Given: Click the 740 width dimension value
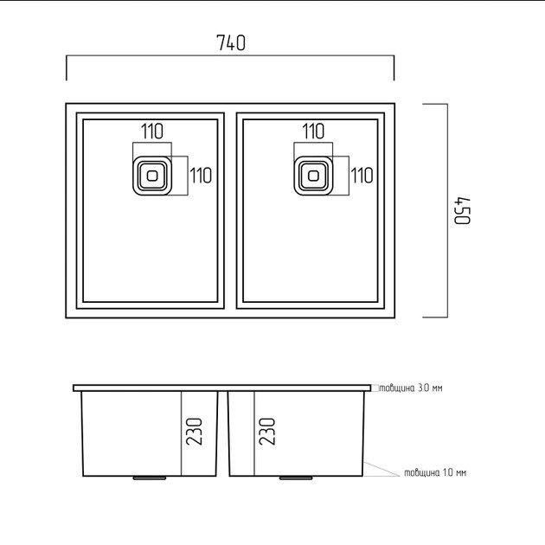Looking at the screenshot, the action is tap(231, 42).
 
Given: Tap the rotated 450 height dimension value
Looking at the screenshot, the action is tap(463, 211).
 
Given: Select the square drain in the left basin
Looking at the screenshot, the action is tap(152, 176).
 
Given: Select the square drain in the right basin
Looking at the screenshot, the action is tap(313, 176).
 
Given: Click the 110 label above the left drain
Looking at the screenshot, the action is tap(152, 131).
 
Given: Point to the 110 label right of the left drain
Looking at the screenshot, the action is tap(201, 175).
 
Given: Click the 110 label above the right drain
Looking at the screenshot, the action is tap(313, 131).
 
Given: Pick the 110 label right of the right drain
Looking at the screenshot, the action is tap(362, 175).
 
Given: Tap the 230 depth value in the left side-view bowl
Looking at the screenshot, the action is tap(194, 432).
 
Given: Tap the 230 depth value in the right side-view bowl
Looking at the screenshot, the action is tap(267, 432).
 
